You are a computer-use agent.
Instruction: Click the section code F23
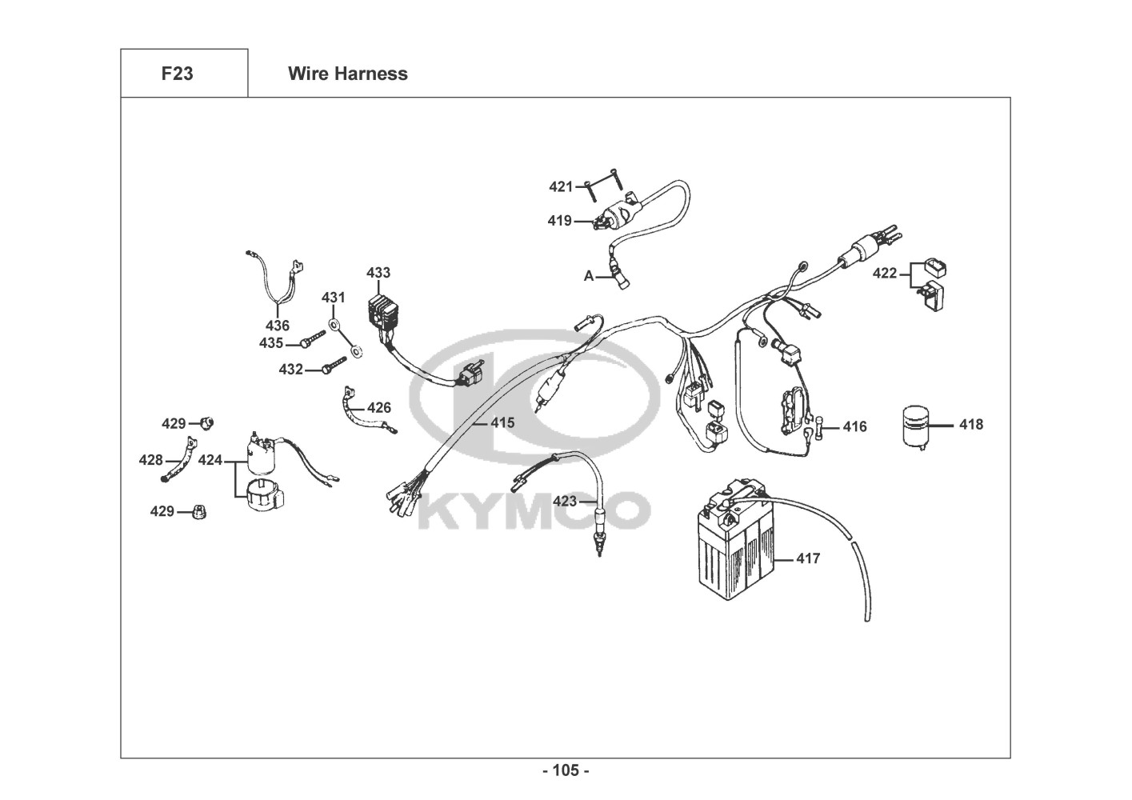(178, 74)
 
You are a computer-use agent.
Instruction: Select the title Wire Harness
(348, 74)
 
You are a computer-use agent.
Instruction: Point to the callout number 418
(971, 425)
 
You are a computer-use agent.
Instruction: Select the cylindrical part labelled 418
(916, 427)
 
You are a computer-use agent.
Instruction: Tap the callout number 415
(503, 422)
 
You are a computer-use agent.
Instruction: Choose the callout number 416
(855, 427)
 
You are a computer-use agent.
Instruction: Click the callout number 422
(885, 274)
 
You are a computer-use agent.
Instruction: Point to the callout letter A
(589, 277)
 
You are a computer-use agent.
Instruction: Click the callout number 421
(561, 187)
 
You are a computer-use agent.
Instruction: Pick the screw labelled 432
(334, 365)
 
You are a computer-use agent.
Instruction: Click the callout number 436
(278, 326)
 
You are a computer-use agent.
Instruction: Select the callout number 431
(334, 298)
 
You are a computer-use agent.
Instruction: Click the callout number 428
(151, 460)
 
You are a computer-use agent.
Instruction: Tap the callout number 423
(565, 502)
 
